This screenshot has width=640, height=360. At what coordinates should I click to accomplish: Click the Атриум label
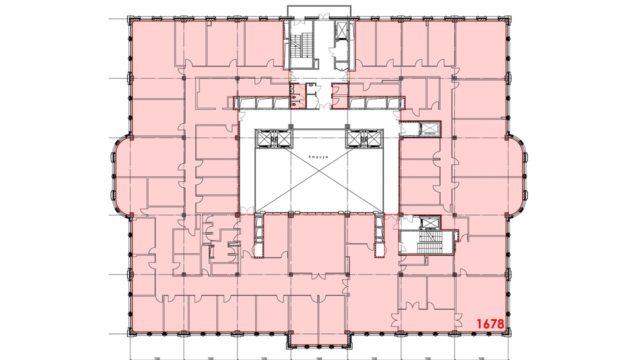318,157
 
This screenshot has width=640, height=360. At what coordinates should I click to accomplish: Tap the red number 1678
490,324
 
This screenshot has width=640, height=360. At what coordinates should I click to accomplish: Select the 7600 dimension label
319,358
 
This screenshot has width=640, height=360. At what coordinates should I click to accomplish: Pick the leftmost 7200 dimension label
156,358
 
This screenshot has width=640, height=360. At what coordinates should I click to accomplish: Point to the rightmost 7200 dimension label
481,358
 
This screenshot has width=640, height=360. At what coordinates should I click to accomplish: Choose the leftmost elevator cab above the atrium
264,139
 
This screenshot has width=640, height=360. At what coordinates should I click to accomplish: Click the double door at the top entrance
325,16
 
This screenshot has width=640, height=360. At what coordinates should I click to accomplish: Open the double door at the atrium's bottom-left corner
246,210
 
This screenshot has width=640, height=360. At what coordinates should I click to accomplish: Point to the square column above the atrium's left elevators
291,125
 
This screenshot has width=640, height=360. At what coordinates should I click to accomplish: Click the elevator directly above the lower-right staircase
430,223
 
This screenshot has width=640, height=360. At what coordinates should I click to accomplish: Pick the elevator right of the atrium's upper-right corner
429,128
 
